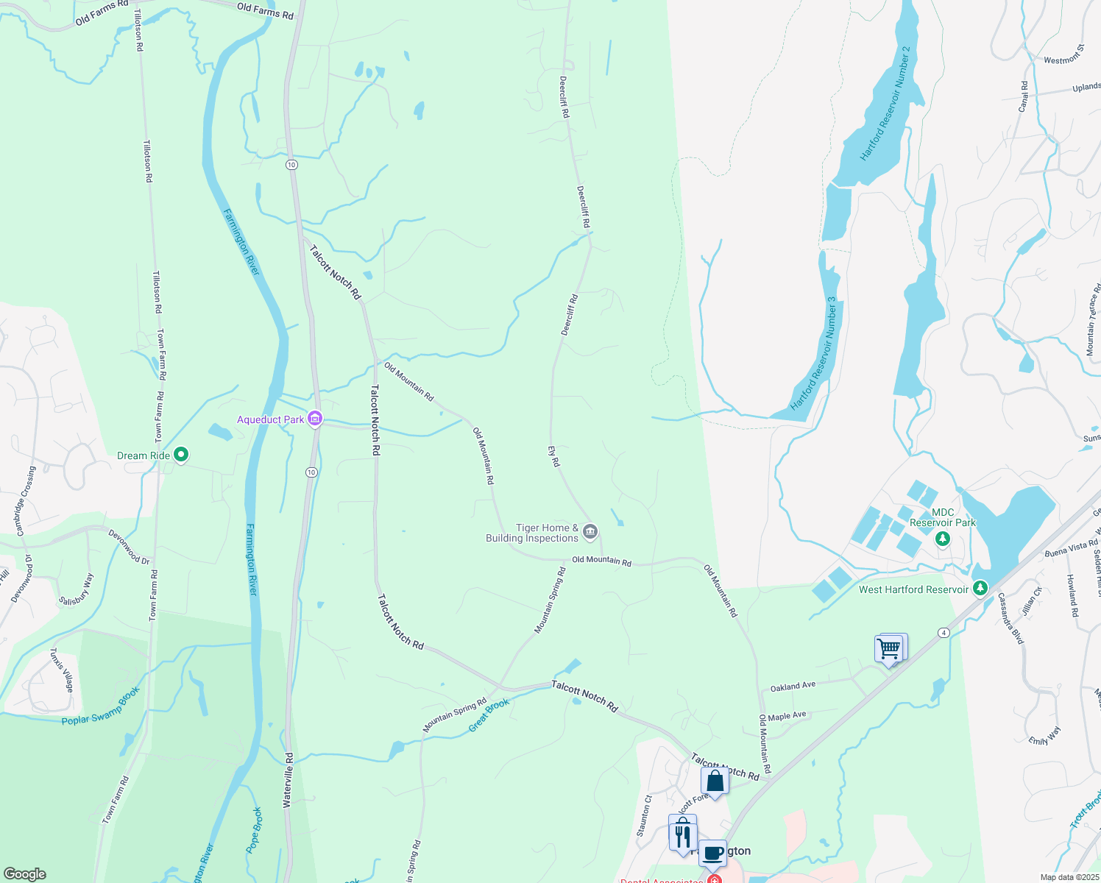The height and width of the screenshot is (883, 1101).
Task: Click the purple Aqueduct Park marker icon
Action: (x=315, y=419)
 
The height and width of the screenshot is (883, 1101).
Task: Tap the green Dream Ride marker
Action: (x=181, y=455)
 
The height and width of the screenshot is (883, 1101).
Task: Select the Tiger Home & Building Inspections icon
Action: (x=590, y=531)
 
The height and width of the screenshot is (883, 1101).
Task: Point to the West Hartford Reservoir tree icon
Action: (x=980, y=589)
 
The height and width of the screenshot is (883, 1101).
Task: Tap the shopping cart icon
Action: (x=890, y=649)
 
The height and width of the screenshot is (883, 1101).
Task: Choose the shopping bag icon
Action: (x=715, y=780)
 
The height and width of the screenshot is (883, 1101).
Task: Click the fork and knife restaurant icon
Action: (x=683, y=834)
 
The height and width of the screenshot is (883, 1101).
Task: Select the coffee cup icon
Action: (x=712, y=853)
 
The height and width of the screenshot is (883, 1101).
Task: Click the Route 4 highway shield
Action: (x=943, y=633)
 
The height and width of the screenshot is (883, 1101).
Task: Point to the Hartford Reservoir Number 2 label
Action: (x=885, y=104)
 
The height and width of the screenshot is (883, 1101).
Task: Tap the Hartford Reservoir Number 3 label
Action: (x=813, y=354)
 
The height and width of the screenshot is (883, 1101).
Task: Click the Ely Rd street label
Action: (x=553, y=456)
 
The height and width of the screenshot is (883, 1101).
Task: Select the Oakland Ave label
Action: (x=793, y=687)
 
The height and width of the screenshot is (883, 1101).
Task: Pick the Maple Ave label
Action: (x=787, y=716)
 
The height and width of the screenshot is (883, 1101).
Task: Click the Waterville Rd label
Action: (x=289, y=781)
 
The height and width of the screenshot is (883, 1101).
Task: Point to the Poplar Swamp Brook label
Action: (x=101, y=706)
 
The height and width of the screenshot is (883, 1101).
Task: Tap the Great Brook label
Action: (x=489, y=715)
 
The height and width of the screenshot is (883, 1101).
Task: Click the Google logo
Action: (x=24, y=873)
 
